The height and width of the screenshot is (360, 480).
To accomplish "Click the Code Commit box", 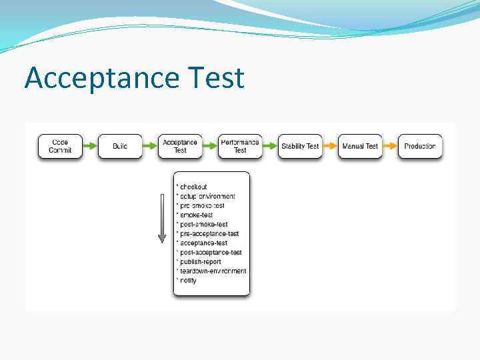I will [60, 146].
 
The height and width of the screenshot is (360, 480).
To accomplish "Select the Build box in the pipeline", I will [120, 146].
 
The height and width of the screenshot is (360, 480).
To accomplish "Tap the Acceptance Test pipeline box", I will [180, 146].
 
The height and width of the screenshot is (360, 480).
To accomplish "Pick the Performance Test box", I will [240, 146].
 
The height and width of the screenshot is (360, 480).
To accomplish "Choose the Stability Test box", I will [300, 146].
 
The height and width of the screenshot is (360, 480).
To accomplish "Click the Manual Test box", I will [360, 146].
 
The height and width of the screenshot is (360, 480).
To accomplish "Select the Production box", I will [420, 146].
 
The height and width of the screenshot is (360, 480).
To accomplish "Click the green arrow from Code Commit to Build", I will [90, 146].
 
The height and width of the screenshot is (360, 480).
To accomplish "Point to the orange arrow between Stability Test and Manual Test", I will [330, 146].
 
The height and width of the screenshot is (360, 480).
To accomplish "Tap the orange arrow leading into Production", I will [390, 146].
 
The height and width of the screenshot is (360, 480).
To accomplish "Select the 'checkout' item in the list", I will [193, 187].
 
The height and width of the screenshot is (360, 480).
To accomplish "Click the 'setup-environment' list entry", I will [207, 196].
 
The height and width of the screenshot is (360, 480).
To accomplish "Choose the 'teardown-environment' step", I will [213, 271].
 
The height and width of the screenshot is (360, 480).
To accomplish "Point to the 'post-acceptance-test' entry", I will [210, 253].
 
